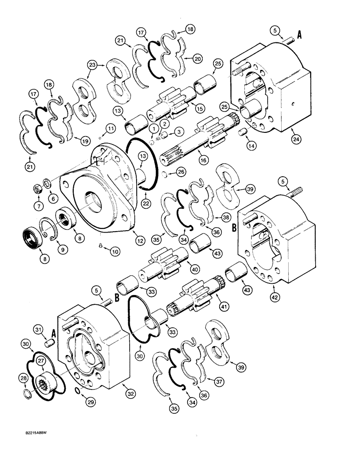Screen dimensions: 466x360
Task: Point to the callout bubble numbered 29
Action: click(x=84, y=397)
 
